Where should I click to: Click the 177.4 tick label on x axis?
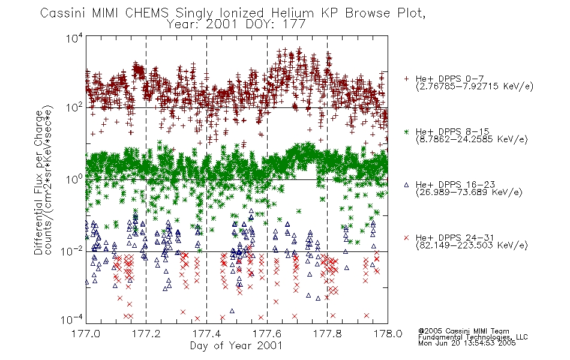207,334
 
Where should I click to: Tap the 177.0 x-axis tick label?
86,334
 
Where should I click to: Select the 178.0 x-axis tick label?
388,334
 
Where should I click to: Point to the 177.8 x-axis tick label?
328,334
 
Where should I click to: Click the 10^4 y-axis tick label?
74,38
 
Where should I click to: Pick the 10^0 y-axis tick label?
74,179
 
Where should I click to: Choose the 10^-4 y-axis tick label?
71,319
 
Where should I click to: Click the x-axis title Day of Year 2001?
236,346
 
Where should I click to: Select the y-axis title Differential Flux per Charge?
38,182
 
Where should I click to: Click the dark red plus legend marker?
406,79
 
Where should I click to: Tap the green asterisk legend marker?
406,131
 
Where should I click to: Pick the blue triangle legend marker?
406,185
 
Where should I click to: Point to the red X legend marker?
406,238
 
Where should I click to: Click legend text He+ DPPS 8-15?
452,131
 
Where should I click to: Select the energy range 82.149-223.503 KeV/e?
472,245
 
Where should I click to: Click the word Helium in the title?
292,13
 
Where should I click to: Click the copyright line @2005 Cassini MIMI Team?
464,331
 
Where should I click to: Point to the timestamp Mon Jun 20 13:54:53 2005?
467,343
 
